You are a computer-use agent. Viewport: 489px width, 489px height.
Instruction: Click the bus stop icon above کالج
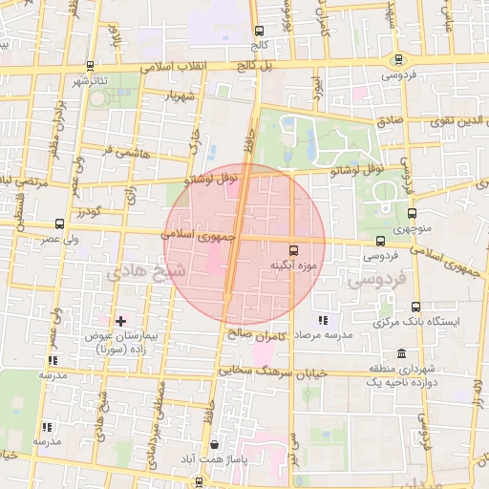pos(260,30)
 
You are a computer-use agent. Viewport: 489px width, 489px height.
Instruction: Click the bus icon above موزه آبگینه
pos(293,245)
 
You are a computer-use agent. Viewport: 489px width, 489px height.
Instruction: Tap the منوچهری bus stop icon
pos(412,214)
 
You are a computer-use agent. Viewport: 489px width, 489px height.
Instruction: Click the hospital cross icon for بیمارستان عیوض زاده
pos(119,321)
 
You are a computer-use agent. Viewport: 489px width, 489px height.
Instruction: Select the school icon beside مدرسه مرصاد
pos(323,321)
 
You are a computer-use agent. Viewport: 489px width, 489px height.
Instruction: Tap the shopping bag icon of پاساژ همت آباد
pos(214,444)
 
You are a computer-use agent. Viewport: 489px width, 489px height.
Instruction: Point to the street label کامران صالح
pos(264,334)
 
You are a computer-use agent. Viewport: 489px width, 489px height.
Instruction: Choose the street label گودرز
pos(89,211)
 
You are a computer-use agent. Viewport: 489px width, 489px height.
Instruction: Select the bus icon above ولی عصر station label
pos(60,223)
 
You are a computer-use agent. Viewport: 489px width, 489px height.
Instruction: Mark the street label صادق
pos(391,122)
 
